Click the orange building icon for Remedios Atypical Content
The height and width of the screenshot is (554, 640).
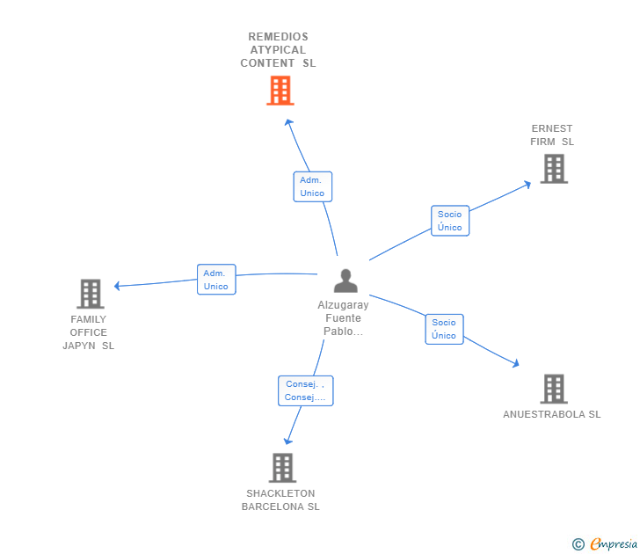tap(280, 91)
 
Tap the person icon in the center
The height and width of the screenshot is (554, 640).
tap(345, 281)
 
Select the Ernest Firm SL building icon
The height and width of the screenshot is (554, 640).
tap(553, 168)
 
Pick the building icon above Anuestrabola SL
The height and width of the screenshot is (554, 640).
tap(553, 389)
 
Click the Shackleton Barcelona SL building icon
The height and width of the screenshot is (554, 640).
tap(281, 468)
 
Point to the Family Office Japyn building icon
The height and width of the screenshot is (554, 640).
tap(90, 294)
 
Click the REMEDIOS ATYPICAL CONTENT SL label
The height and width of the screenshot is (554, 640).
tap(278, 50)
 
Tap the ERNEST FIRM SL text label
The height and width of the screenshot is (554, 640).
tap(552, 135)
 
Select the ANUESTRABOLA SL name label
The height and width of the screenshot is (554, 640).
tap(552, 414)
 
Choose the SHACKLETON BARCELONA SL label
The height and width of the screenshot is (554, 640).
tap(280, 499)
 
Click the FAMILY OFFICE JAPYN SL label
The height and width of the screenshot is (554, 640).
tap(89, 332)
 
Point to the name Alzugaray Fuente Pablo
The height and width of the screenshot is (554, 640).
tap(343, 318)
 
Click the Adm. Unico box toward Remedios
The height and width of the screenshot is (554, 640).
tap(312, 186)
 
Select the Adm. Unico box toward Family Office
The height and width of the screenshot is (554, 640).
tap(215, 280)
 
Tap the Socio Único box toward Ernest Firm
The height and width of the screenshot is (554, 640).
tap(449, 221)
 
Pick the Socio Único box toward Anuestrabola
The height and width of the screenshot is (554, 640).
tap(444, 329)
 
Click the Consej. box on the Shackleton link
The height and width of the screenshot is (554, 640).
tap(305, 390)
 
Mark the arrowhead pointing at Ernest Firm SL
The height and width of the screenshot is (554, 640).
tap(528, 183)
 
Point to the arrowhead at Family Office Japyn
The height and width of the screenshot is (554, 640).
tap(117, 286)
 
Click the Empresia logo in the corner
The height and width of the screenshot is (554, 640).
tap(606, 543)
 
